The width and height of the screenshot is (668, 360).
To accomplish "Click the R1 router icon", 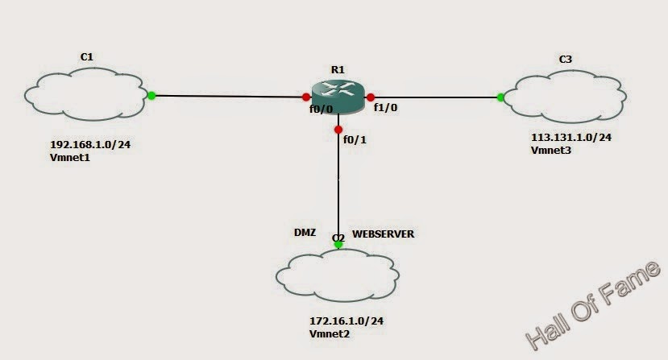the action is point(338,97).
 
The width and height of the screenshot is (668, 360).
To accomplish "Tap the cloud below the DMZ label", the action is point(338,276).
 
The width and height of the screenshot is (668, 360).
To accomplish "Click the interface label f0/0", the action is point(321,110).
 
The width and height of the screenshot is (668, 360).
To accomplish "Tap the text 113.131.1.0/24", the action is point(570,138).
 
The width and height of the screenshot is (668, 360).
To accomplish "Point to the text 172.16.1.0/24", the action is point(346,321).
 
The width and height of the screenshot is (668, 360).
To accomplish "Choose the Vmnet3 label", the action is point(550,151).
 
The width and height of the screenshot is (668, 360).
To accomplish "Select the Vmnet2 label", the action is point(330,333).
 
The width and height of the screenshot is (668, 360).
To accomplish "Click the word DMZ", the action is point(305,231).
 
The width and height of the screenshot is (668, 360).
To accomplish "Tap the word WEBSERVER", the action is point(384,234).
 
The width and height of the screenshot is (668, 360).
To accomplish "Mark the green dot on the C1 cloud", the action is point(151,96).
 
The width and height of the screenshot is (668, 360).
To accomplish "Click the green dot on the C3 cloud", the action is point(501,97).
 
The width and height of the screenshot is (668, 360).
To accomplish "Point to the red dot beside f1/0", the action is point(371,97).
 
